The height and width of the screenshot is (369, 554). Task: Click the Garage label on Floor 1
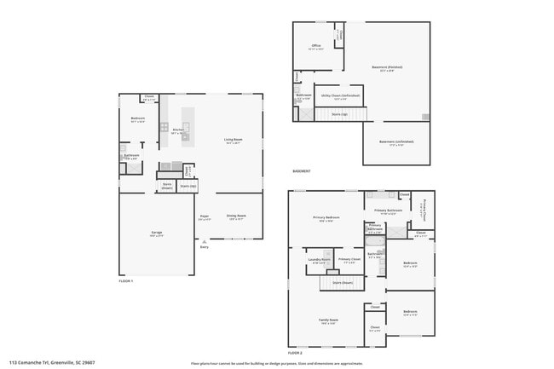[x=157, y=233]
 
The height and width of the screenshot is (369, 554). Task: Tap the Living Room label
[x=234, y=140]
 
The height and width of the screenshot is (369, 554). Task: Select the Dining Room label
[x=236, y=216]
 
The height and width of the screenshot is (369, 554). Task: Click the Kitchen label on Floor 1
[x=178, y=130]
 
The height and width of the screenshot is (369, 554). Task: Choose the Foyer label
[x=205, y=217]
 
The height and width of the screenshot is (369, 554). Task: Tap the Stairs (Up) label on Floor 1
[x=188, y=185]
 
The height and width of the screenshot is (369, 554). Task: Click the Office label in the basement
[x=315, y=46]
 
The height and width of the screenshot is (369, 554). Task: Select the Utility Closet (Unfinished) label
[x=339, y=95]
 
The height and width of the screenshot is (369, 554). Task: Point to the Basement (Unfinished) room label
[x=396, y=141]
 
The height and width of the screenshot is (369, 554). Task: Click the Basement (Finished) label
[x=387, y=67]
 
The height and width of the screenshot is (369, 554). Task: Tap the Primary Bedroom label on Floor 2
[x=326, y=217]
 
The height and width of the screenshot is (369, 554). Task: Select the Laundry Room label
[x=319, y=259]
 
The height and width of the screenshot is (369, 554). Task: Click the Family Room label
[x=328, y=321]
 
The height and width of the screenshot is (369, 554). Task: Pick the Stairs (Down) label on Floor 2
[x=343, y=282]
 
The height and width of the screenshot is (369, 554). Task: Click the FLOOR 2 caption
[x=295, y=352]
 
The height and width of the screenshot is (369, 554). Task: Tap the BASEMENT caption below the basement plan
[x=301, y=170]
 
